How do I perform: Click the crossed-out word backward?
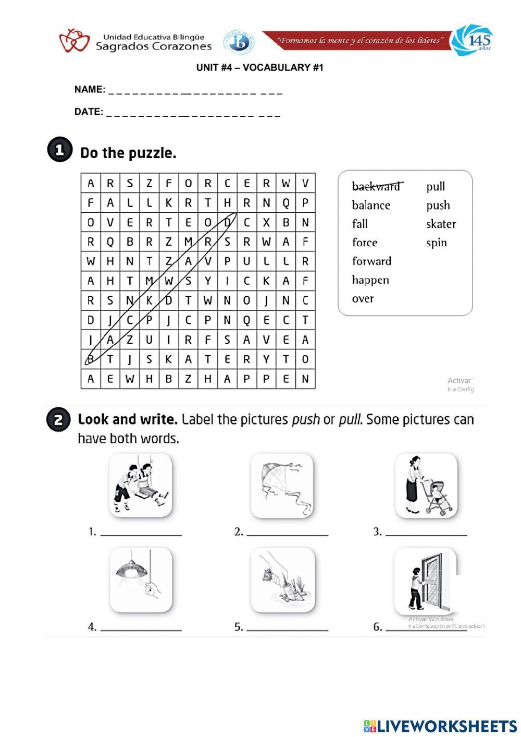376,186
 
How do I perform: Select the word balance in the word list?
371,205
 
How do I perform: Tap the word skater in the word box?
441,224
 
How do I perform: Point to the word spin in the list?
437,243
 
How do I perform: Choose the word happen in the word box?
370,280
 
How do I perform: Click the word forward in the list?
371,261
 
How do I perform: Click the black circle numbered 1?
59,150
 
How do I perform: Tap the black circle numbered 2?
58,420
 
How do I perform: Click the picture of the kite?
282,486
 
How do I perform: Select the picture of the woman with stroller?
426,486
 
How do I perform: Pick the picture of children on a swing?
141,486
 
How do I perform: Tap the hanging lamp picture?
141,580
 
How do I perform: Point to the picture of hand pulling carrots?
282,580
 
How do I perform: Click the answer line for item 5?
287,630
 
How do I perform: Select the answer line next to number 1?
141,535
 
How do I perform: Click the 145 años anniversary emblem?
472,40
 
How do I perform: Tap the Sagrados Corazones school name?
154,46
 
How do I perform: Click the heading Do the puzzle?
128,153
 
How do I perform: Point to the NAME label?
90,89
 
